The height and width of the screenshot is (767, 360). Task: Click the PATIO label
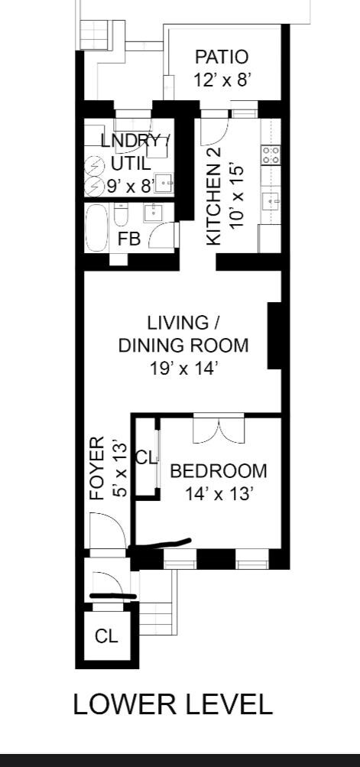[x=222, y=57]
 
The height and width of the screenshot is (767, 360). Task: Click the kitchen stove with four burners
[x=271, y=155]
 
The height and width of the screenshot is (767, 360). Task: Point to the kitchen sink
[x=271, y=202]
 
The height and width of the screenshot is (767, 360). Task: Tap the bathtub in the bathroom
[x=98, y=227]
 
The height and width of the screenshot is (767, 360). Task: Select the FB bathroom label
[x=128, y=239]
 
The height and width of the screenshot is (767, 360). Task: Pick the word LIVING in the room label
[x=183, y=323]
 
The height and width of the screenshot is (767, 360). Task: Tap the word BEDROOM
[x=219, y=471]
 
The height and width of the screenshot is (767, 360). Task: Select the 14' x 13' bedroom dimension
[x=219, y=493]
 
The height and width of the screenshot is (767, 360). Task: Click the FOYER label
[x=96, y=468]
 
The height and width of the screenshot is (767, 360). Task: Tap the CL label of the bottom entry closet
[x=107, y=636]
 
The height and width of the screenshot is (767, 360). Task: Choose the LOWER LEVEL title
[x=173, y=704]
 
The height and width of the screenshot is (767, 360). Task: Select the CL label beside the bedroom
[x=146, y=458]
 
